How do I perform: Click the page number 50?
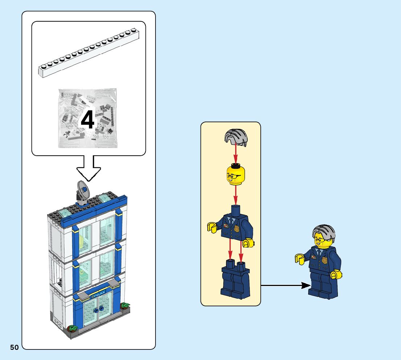tap(14, 347)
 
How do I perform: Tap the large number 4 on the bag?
tap(87, 120)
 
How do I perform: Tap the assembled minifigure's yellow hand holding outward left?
tap(299, 259)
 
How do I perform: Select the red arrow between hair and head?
tap(235, 154)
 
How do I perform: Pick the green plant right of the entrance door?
tap(125, 306)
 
